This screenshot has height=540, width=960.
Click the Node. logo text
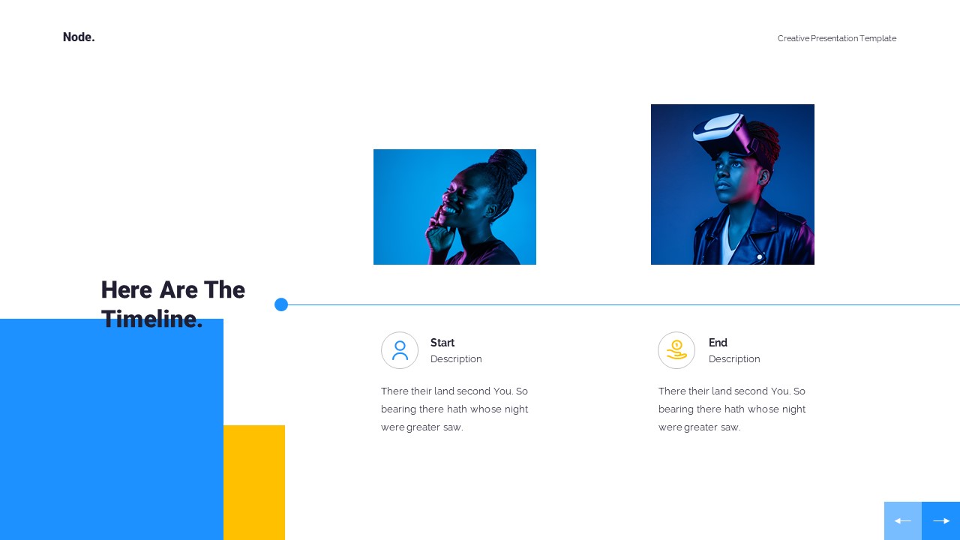[x=79, y=37]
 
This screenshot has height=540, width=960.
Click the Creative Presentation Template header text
[x=836, y=38]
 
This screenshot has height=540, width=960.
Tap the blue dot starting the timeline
[x=281, y=304]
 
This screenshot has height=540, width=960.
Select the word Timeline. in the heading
[x=152, y=319]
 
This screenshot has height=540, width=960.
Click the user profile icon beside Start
[x=400, y=350]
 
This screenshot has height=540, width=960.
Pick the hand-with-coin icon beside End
[x=676, y=350]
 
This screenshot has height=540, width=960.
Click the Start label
[x=442, y=343]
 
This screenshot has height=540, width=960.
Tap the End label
[x=718, y=343]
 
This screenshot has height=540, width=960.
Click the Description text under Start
[x=456, y=359]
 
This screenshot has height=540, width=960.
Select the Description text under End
[x=734, y=359]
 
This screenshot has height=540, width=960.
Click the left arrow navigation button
[x=903, y=520]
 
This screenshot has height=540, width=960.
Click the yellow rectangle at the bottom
[x=254, y=482]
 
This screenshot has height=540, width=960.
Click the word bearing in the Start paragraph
[x=398, y=409]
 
